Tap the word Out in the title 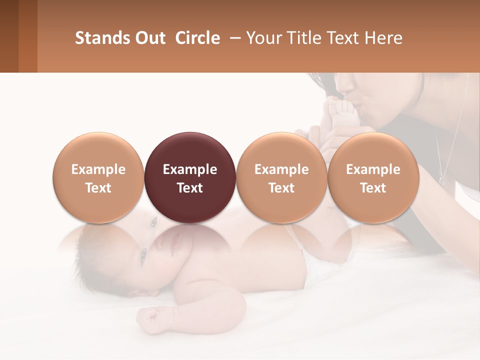149,38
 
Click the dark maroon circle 189,150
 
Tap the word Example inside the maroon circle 189,169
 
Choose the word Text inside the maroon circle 189,188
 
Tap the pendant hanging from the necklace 442,179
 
